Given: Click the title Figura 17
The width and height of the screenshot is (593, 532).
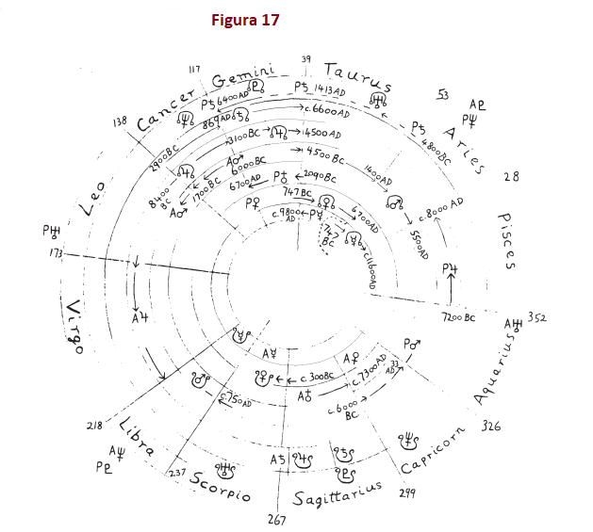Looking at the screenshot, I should [x=245, y=20].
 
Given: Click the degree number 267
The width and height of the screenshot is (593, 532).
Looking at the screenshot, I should [x=276, y=520].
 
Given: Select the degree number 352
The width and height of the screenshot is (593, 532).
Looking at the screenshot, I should [x=537, y=316].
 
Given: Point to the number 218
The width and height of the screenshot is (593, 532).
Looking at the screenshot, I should [x=94, y=426].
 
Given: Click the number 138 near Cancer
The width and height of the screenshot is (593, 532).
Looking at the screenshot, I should [x=120, y=122].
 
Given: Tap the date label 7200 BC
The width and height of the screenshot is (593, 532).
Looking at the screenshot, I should [x=458, y=319].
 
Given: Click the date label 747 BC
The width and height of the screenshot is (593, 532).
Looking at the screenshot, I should [x=299, y=192].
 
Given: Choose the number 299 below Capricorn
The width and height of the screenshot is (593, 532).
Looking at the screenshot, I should [x=407, y=492].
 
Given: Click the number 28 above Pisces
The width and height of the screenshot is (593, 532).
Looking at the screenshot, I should [x=511, y=176].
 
